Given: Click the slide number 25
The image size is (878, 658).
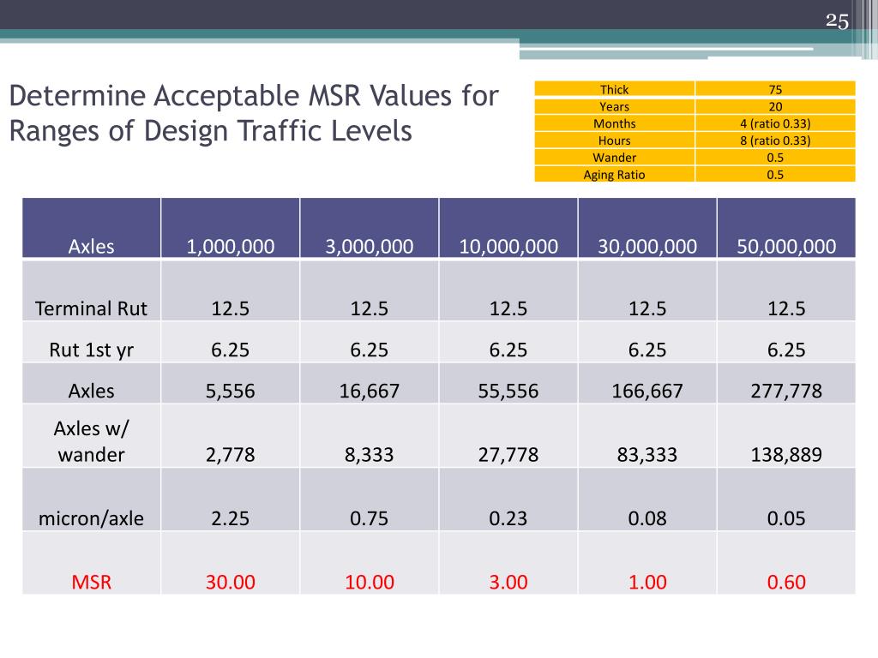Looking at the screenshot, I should pos(837,21).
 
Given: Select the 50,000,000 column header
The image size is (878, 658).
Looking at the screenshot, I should pos(785,247).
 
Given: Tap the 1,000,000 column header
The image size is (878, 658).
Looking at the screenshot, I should pos(231,247).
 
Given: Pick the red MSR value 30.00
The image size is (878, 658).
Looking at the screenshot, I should pos(231,582).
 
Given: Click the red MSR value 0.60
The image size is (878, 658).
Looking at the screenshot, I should pos(785,582).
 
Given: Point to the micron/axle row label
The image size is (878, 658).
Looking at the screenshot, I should pos(92,517).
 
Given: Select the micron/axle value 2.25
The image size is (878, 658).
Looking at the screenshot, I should pos(231,517).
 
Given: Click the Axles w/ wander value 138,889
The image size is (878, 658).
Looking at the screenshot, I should pos(785,454).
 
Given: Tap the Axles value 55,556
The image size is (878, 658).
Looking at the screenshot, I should pos(508,391).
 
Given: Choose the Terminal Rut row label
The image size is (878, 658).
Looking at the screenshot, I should pos(92,308).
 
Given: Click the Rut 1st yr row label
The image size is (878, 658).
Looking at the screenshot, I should pos(92,350).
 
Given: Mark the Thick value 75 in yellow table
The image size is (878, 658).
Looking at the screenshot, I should pos(775,89).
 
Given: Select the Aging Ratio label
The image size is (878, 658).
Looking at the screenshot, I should pos(614,175).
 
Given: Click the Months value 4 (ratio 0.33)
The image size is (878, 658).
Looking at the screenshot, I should pos(775,123).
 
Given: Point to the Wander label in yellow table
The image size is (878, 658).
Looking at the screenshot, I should pos(614,158).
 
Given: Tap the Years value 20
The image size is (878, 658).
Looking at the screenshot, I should pos(775,106).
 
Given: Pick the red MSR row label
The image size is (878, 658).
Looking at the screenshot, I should pos(92,582).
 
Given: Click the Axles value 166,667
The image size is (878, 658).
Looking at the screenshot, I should pos(646,391).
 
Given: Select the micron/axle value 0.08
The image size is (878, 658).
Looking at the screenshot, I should pos(646,517).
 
